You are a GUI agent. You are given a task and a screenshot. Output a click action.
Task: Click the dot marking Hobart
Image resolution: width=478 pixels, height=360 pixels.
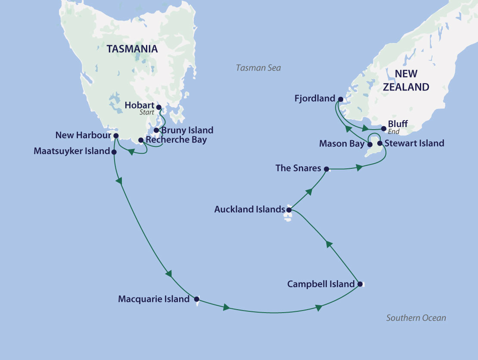158,107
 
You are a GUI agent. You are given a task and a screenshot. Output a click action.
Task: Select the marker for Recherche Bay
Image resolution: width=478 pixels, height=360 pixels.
140,140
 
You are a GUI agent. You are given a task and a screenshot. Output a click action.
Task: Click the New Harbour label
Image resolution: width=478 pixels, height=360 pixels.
83,136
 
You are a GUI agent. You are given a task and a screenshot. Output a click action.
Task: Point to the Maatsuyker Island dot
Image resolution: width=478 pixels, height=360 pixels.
114,152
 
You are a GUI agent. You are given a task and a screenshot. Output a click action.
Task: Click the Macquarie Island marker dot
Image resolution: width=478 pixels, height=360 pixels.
196,299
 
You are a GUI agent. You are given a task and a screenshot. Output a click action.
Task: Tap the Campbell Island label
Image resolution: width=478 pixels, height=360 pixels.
321,284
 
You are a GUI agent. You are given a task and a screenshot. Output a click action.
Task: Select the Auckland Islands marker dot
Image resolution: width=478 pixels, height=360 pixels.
289,210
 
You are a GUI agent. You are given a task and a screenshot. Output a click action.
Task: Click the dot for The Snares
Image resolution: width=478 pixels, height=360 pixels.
326,169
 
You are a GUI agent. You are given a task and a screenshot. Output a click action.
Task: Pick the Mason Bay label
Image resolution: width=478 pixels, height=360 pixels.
341,144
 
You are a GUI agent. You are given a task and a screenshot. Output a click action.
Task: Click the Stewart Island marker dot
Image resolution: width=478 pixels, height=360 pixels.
379,143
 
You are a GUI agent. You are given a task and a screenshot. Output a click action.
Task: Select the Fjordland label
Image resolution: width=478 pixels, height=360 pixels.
314,99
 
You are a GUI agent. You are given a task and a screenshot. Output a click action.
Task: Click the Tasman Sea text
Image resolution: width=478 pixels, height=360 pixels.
258,68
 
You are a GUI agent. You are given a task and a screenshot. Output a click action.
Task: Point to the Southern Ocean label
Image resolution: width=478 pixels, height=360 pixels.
416,318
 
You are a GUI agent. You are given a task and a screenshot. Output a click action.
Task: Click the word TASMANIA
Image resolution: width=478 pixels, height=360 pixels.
132,49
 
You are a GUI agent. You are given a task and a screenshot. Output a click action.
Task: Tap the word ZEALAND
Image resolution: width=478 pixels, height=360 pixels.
406,87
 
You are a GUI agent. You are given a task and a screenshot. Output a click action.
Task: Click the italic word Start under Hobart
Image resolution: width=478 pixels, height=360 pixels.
146,112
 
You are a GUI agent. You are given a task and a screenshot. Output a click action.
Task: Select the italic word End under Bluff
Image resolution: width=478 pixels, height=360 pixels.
394,132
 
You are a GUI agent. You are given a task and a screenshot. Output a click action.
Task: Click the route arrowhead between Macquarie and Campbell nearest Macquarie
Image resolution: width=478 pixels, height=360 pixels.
226,308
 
